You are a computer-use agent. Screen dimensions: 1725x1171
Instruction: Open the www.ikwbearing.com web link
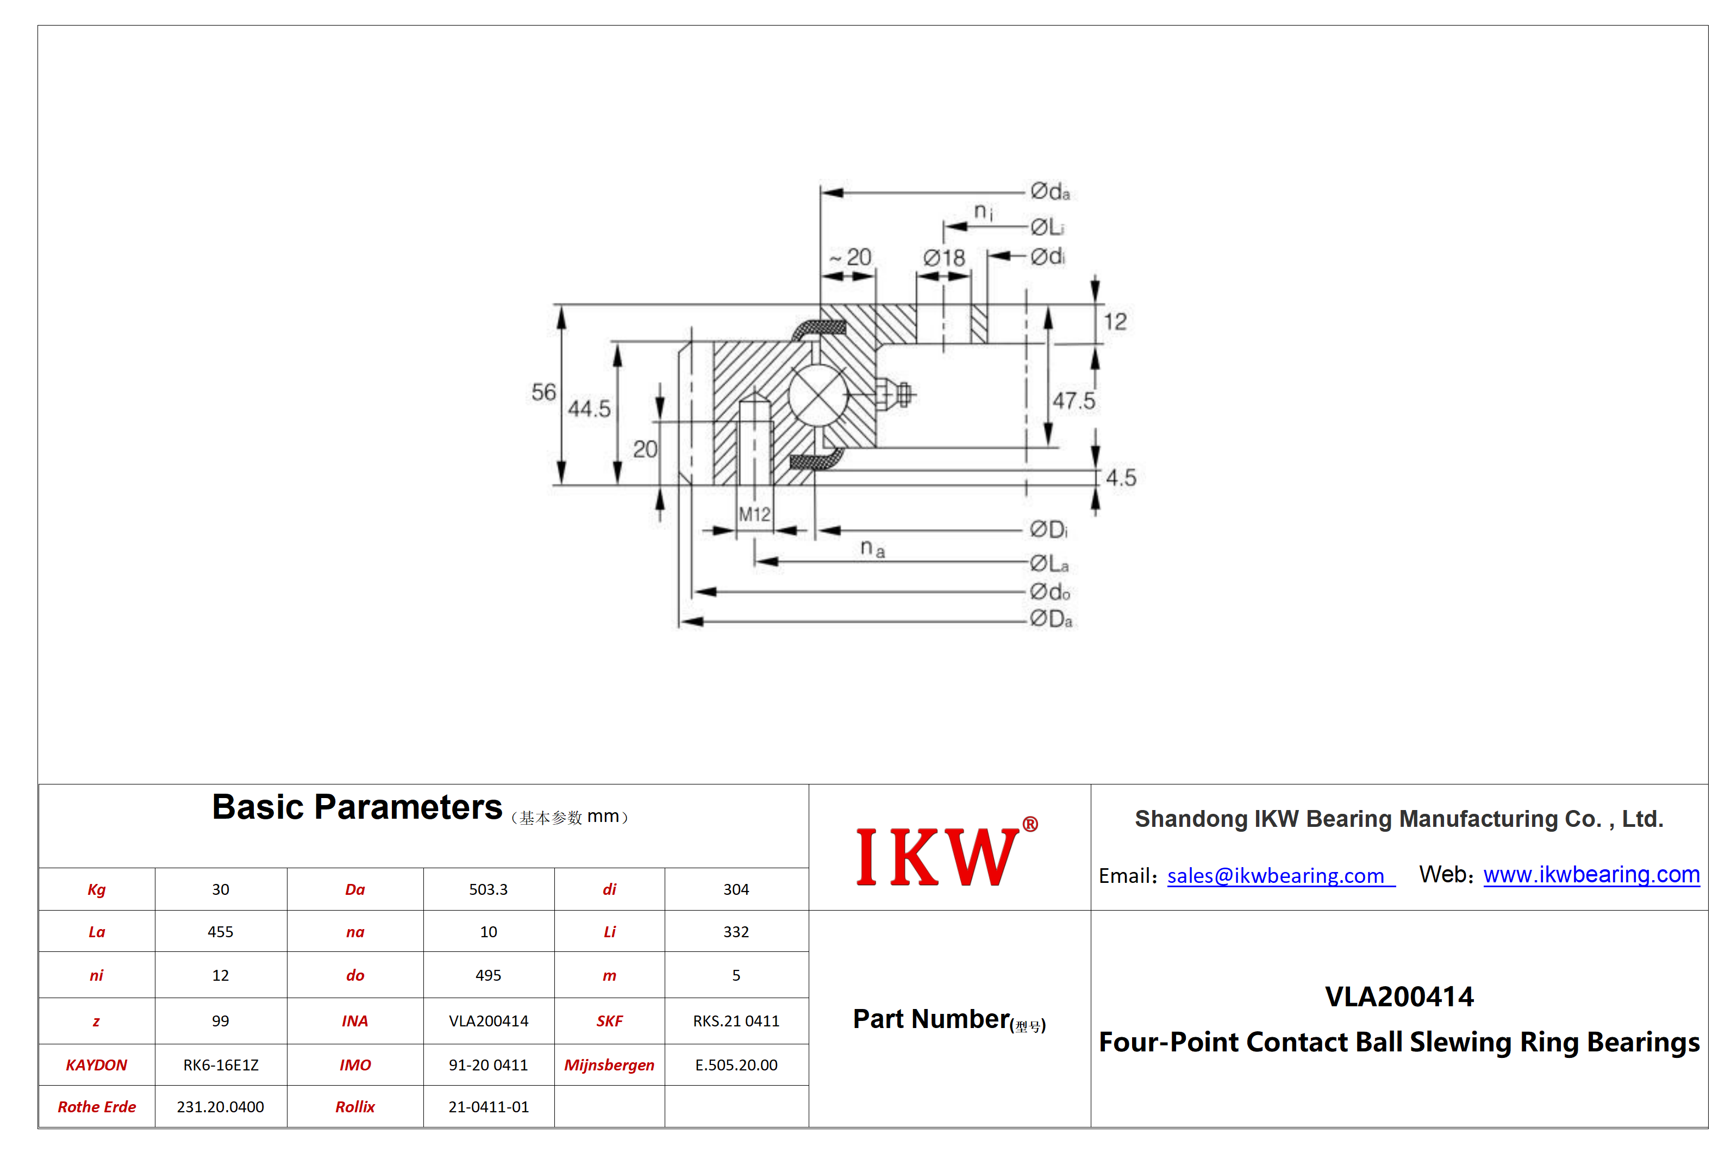(x=1591, y=875)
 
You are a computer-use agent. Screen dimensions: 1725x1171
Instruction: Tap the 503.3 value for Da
(x=489, y=889)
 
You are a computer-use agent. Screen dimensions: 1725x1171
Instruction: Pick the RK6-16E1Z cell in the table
(x=221, y=1066)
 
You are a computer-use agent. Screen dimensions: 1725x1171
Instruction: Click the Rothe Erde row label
(x=97, y=1107)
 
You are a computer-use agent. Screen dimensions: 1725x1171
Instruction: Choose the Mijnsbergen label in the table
(x=609, y=1066)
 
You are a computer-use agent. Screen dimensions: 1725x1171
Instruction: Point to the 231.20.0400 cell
(x=221, y=1107)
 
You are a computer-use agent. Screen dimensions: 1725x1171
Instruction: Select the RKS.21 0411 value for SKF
(x=736, y=1021)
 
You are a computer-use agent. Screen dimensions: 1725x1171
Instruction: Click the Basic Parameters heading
(x=357, y=807)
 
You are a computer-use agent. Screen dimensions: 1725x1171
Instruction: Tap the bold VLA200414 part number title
(x=1399, y=996)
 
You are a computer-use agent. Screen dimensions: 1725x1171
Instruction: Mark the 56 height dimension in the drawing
(x=543, y=392)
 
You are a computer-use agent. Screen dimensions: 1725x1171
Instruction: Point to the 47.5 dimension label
(x=1074, y=401)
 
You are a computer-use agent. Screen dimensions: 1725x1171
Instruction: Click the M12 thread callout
(x=754, y=514)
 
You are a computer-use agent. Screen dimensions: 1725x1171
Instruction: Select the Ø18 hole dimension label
(x=944, y=258)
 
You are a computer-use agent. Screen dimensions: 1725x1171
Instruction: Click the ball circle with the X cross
(x=818, y=396)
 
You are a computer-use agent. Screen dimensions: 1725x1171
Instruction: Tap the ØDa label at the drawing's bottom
(x=1051, y=619)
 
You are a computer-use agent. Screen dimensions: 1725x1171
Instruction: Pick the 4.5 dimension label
(x=1121, y=477)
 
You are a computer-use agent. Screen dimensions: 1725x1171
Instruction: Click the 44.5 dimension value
(x=589, y=408)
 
